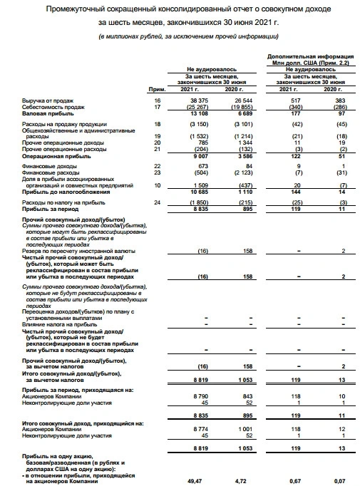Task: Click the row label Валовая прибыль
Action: (x=46, y=113)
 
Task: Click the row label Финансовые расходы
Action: (x=51, y=172)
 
